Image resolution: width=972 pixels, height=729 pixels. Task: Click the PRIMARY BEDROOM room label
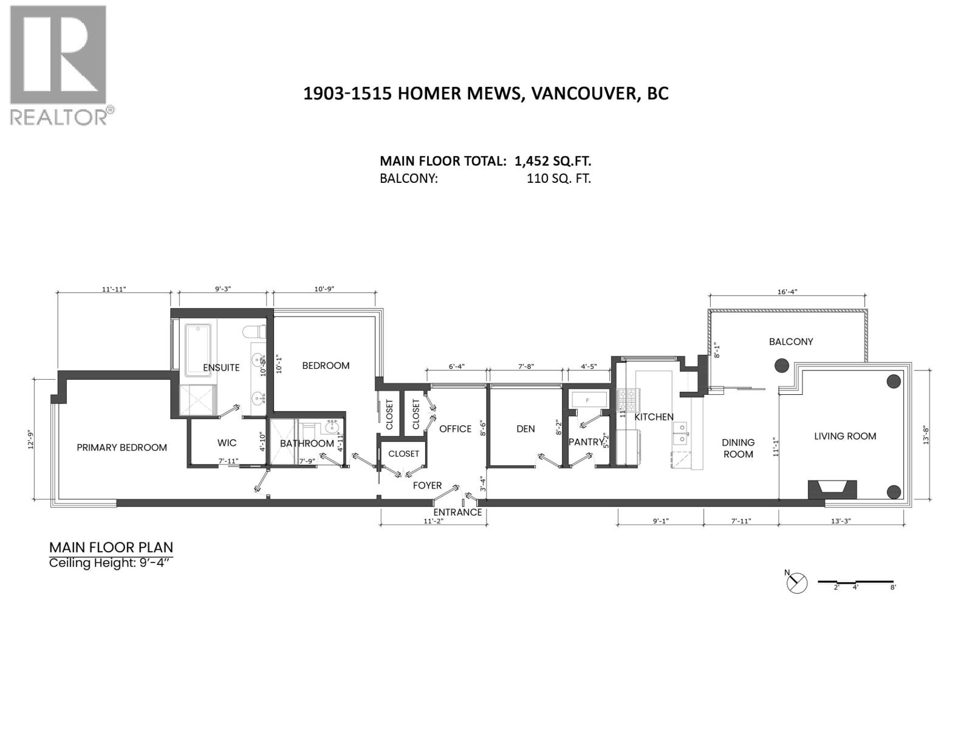(122, 448)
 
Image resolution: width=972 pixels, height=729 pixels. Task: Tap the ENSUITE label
(221, 368)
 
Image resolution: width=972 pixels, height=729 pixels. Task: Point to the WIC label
(227, 443)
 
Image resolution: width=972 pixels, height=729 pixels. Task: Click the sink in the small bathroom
(332, 427)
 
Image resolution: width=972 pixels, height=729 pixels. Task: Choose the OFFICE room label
(455, 429)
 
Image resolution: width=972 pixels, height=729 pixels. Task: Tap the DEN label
(525, 429)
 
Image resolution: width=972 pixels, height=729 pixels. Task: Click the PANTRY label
(586, 442)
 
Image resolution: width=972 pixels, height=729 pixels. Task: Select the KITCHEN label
(654, 417)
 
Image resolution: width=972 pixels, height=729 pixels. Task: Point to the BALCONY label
(790, 342)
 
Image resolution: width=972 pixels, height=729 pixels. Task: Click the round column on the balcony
(781, 366)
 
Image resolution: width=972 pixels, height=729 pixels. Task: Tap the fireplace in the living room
(832, 489)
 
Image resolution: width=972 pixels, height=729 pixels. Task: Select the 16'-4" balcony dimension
(787, 292)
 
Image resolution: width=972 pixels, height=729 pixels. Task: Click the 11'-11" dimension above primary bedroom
(113, 289)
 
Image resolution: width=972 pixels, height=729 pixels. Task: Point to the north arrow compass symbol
(796, 583)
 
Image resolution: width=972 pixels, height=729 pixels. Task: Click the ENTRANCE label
(457, 512)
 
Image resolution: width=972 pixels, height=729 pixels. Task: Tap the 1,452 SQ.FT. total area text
(552, 161)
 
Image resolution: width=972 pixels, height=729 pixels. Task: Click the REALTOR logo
(60, 64)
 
